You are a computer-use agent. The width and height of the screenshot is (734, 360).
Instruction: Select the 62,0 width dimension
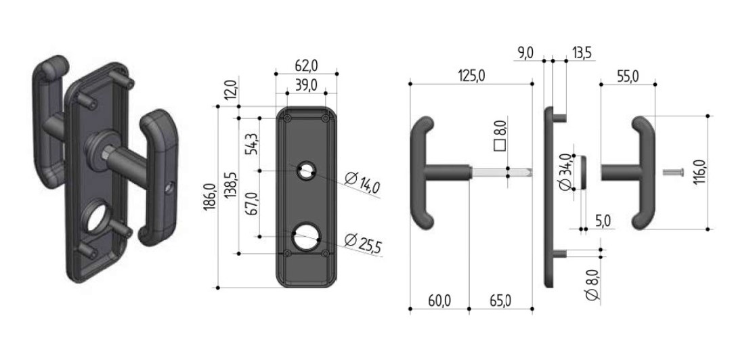pos(307,66)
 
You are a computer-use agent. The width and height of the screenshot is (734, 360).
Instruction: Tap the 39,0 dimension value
pos(307,85)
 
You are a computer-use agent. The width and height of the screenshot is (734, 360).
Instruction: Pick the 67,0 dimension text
pos(253,204)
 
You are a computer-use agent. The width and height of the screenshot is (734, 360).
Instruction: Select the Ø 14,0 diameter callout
pos(362,183)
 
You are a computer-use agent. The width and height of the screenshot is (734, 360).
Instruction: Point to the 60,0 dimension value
pos(439,300)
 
